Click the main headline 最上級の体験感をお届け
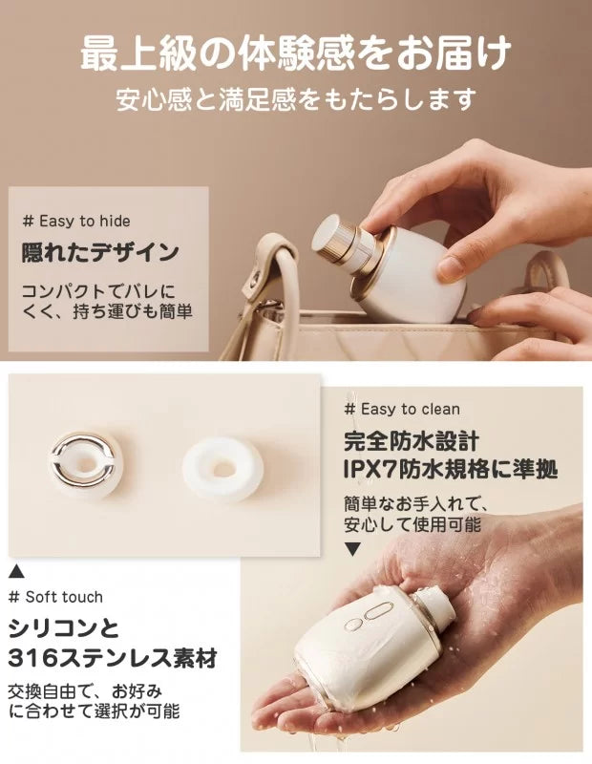click(296, 52)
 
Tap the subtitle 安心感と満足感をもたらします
click(296, 99)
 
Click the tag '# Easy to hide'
click(76, 222)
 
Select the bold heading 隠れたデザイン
click(100, 252)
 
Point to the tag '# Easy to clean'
click(402, 409)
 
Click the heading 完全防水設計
click(412, 441)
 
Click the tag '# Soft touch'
click(56, 597)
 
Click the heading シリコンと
click(64, 628)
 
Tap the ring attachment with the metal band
click(84, 464)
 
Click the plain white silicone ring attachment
click(222, 469)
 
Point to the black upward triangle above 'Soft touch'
click(16, 570)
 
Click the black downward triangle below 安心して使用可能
click(352, 550)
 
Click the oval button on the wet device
click(377, 610)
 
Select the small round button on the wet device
click(352, 625)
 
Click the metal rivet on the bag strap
click(254, 280)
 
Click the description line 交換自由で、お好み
click(85, 690)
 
